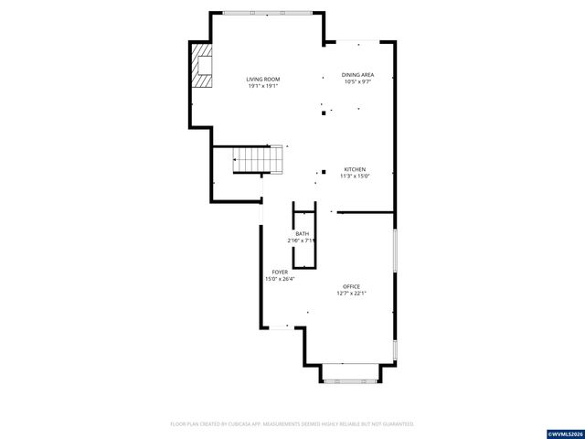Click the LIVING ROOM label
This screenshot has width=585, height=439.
pos(262,80)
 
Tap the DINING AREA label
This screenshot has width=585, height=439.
pos(357,75)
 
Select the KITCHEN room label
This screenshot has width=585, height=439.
pos(355,170)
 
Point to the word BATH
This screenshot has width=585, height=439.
pos(302,234)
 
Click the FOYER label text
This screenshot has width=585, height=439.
pos(279,272)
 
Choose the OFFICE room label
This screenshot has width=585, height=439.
pos(351,287)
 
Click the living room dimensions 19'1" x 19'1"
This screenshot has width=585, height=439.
pos(262,86)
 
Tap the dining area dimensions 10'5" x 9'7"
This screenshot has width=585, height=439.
pos(357,81)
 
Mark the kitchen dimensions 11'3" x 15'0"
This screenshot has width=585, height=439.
pos(355,177)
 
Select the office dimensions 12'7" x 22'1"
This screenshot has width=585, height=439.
pos(351,294)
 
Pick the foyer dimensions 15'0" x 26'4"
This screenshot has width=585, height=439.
pos(279,278)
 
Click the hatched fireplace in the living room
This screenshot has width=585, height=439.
pos(200,65)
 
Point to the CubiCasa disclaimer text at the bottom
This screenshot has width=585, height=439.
pos(292,423)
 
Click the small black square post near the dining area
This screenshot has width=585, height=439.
pos(323,114)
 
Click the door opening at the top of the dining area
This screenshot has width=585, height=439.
pos(353,41)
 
